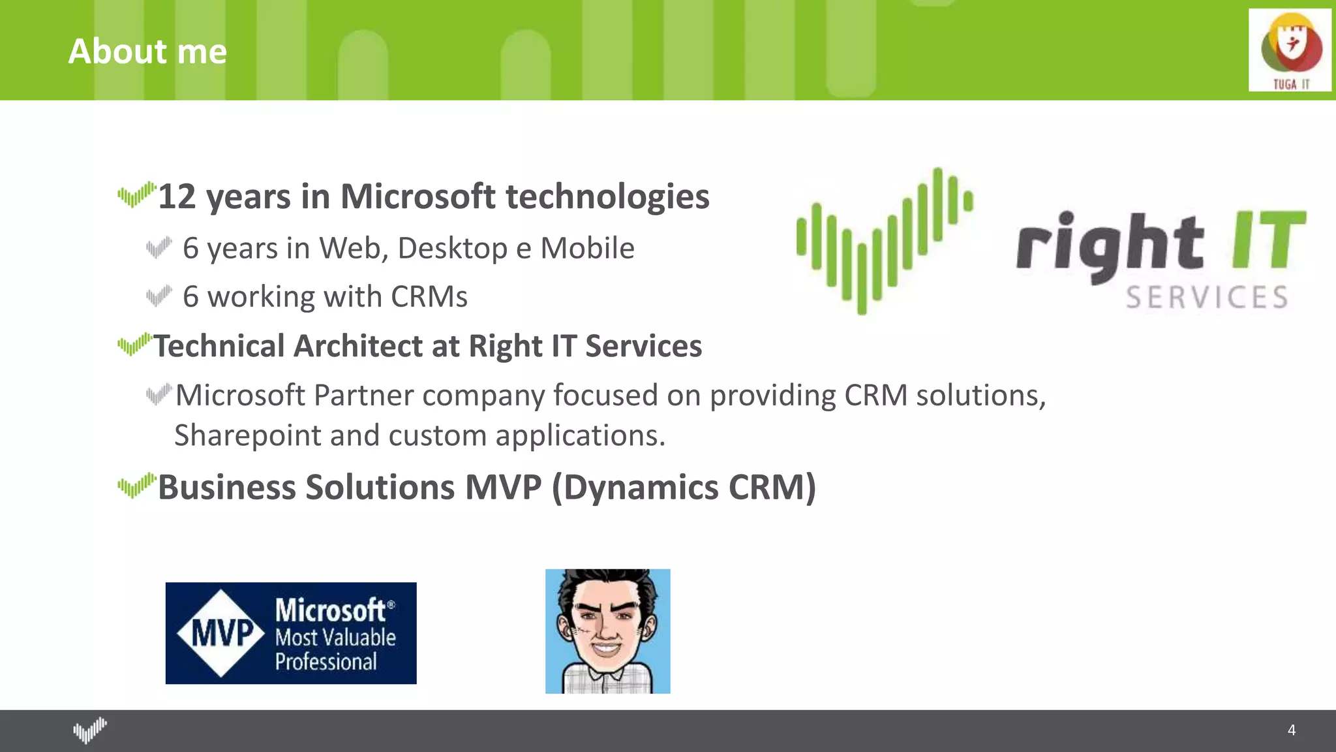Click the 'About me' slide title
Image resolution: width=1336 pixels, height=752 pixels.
(147, 52)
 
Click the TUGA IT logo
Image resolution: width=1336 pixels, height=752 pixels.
(1290, 50)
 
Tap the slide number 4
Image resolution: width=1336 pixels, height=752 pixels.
(1291, 730)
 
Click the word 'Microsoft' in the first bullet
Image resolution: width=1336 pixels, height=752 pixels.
(417, 196)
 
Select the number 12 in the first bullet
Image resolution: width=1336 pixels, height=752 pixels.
(177, 196)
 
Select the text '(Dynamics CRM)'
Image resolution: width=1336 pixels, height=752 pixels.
(684, 488)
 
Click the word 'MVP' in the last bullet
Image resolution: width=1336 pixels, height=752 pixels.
(502, 488)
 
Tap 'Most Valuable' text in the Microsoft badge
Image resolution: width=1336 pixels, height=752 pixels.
(335, 637)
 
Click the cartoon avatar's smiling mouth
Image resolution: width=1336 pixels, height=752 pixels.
(606, 650)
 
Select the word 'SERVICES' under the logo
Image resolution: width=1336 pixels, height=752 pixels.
(1206, 298)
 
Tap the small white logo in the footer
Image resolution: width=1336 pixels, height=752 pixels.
(89, 730)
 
